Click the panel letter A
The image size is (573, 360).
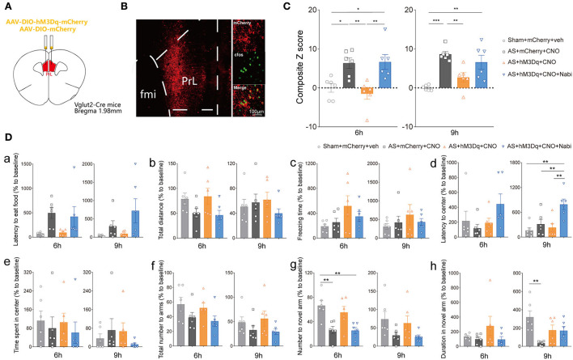(x=6, y=6)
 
